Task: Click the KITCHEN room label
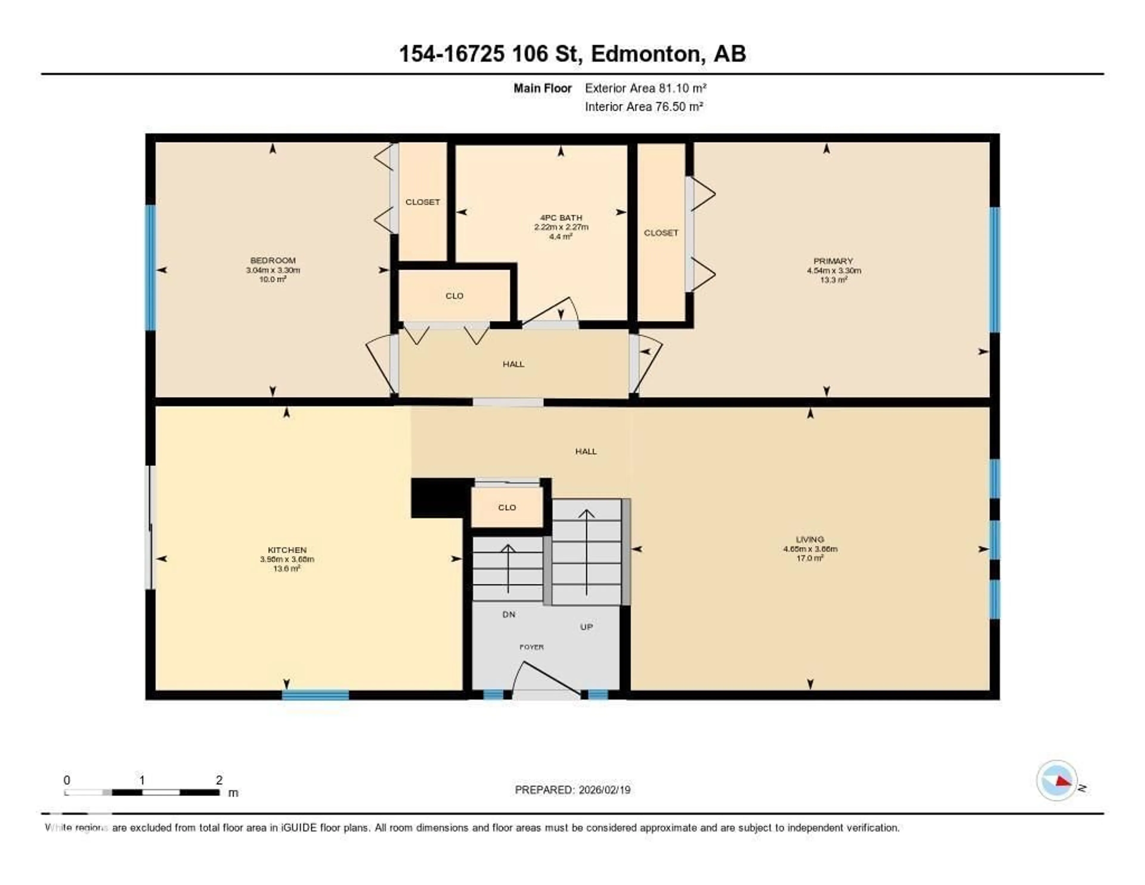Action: [287, 550]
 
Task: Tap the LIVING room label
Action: [810, 539]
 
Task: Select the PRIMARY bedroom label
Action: [833, 261]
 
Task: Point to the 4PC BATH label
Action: [561, 218]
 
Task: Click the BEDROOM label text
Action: [273, 260]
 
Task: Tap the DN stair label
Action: [508, 614]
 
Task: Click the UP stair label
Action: [586, 627]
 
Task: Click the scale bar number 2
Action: [219, 780]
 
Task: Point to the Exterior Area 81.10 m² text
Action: [645, 88]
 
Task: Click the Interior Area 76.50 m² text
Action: [644, 107]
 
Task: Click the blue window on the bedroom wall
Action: [151, 268]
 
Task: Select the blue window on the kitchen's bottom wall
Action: [315, 695]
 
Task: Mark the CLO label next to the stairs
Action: [507, 507]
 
